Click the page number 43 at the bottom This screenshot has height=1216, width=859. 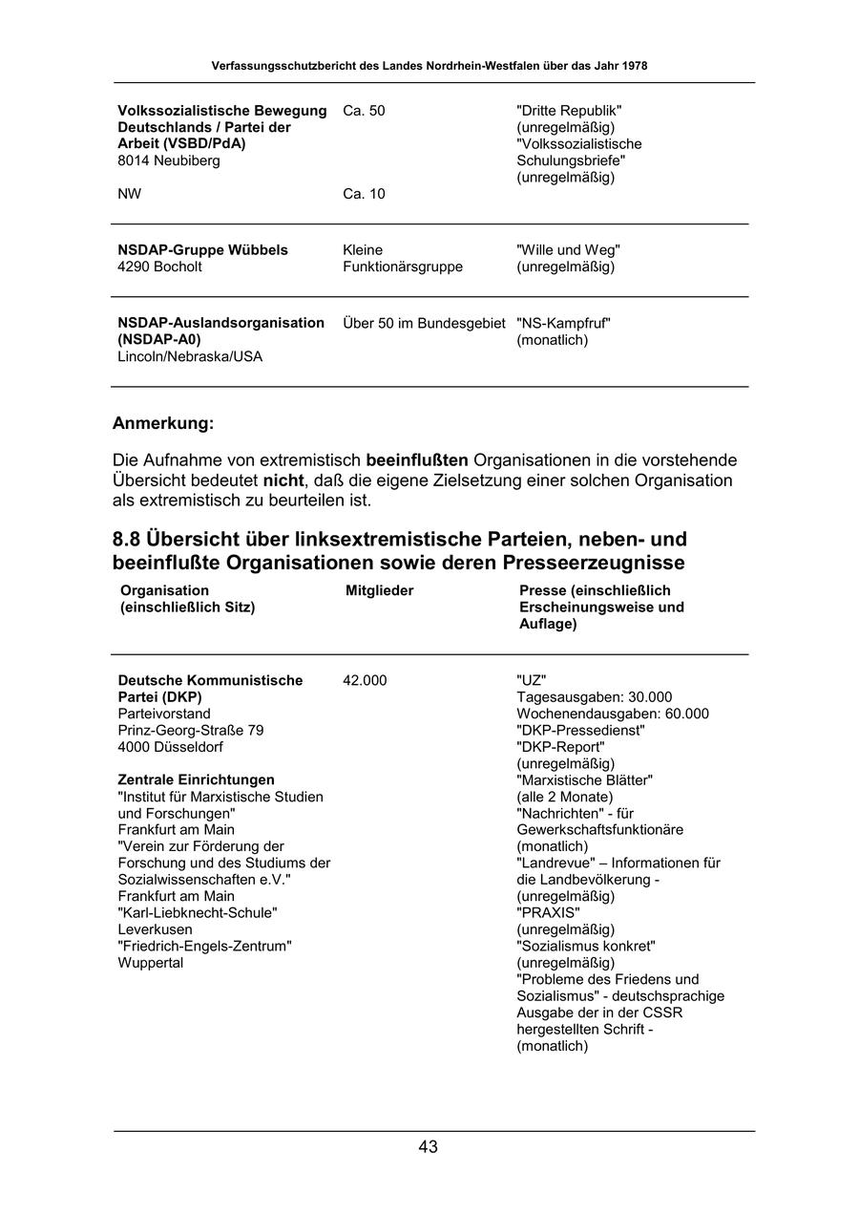pyautogui.click(x=428, y=1147)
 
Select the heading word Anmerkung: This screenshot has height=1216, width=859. pyautogui.click(x=163, y=423)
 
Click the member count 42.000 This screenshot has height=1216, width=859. pyautogui.click(x=365, y=681)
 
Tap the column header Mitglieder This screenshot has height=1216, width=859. pyautogui.click(x=379, y=591)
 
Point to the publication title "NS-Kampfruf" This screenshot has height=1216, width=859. pyautogui.click(x=563, y=324)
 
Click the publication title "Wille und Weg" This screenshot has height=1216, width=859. pyautogui.click(x=568, y=250)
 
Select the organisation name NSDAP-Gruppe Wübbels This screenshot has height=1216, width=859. pyautogui.click(x=202, y=250)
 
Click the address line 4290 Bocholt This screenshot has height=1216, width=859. pyautogui.click(x=159, y=267)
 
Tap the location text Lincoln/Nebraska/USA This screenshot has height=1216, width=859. pyautogui.click(x=190, y=357)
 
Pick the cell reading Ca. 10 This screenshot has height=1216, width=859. pyautogui.click(x=364, y=195)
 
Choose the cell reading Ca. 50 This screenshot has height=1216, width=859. pyautogui.click(x=364, y=111)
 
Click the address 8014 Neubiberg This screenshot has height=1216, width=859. pyautogui.click(x=169, y=161)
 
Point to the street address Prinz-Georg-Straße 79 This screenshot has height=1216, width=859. pyautogui.click(x=191, y=731)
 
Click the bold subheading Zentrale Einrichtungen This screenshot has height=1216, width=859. pyautogui.click(x=196, y=780)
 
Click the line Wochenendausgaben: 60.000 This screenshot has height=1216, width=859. pyautogui.click(x=613, y=715)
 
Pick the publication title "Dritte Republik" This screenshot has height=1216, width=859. pyautogui.click(x=569, y=111)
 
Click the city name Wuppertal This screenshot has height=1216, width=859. pyautogui.click(x=151, y=963)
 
